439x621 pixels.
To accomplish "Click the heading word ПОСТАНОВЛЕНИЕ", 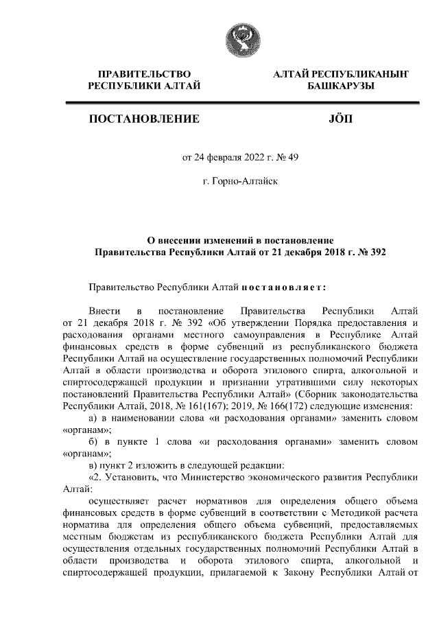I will tap(144, 119).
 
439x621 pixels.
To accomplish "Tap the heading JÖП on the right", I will tap(341, 119).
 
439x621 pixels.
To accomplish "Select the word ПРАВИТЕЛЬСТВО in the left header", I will tap(144, 73).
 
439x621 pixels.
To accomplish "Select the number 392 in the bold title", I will tap(379, 252).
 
